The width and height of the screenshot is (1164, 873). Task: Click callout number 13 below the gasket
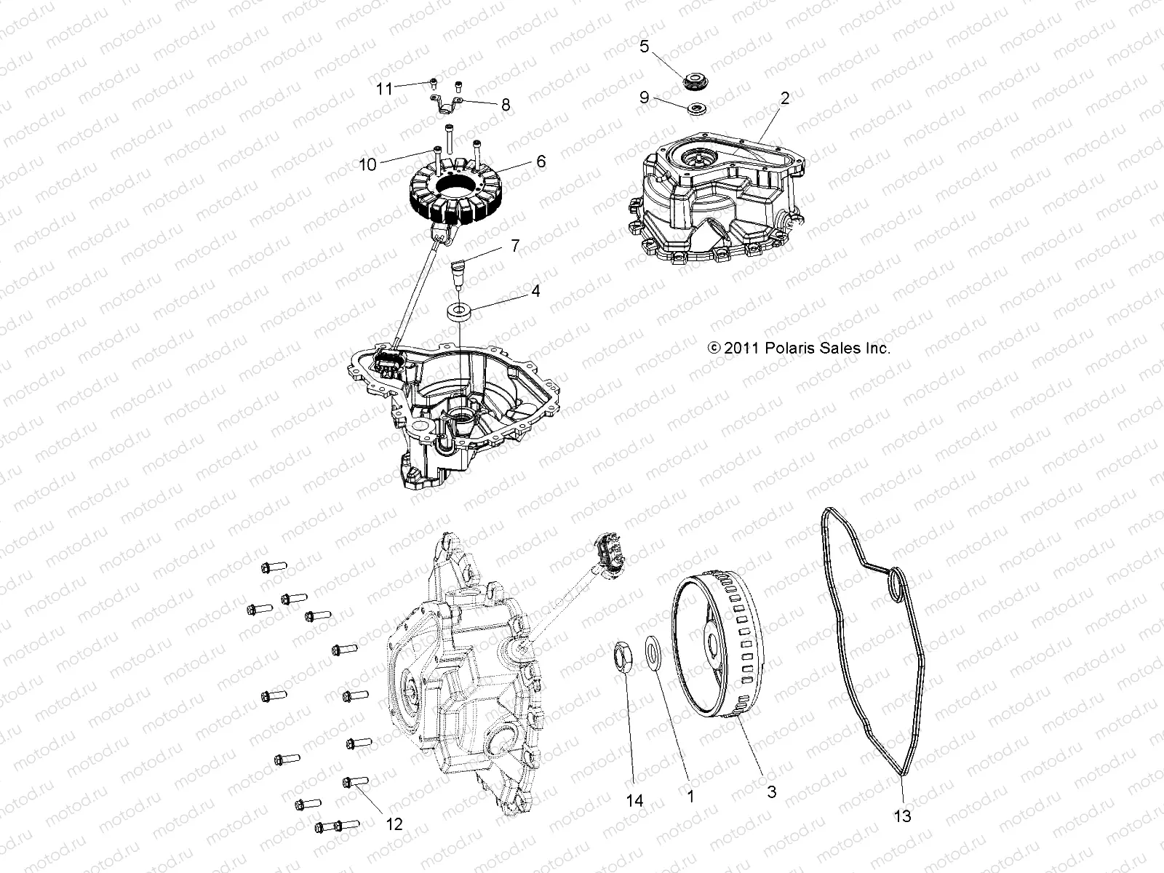tap(902, 816)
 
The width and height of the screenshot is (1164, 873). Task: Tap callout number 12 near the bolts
tap(394, 824)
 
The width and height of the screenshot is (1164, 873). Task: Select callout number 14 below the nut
tap(635, 800)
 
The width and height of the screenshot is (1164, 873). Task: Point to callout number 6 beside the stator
tap(541, 161)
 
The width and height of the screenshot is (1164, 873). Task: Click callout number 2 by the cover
tap(785, 98)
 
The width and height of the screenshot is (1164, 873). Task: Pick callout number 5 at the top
tap(645, 46)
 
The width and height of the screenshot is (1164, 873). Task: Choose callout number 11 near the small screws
tap(384, 89)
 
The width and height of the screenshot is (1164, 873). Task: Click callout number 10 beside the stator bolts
tap(367, 165)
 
